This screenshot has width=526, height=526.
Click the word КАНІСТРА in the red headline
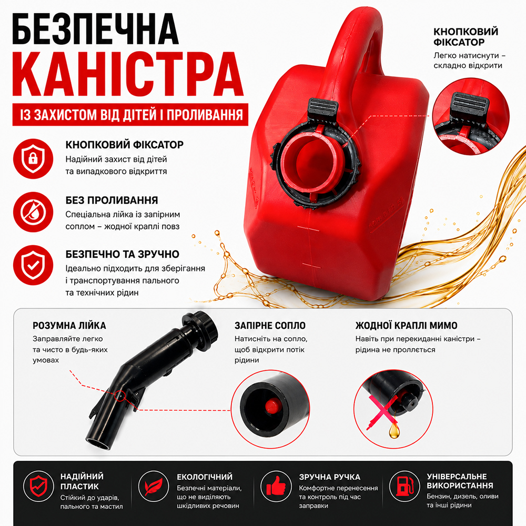[128, 74]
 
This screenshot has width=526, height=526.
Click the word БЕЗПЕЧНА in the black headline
[96, 29]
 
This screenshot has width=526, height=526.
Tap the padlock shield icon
[33, 159]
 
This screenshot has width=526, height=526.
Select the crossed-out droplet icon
[33, 212]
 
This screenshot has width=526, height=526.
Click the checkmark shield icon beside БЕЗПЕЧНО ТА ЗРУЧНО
[33, 265]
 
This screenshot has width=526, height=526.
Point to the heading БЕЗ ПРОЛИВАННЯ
[112, 200]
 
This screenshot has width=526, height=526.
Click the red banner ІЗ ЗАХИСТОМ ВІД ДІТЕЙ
[130, 114]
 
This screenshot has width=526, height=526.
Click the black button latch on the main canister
[322, 107]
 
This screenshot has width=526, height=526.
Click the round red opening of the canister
[312, 161]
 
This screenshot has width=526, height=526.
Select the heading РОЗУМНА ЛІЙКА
[69, 326]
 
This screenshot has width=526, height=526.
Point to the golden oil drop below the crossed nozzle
[394, 431]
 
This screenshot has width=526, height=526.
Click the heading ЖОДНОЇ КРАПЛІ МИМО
[406, 326]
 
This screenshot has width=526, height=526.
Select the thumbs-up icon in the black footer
[276, 486]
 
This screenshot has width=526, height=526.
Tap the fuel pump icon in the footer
[404, 486]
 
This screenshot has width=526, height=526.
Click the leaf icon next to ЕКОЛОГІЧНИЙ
[153, 486]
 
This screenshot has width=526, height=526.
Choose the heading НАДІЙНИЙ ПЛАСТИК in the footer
[82, 481]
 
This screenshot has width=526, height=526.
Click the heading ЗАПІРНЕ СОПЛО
[270, 326]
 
